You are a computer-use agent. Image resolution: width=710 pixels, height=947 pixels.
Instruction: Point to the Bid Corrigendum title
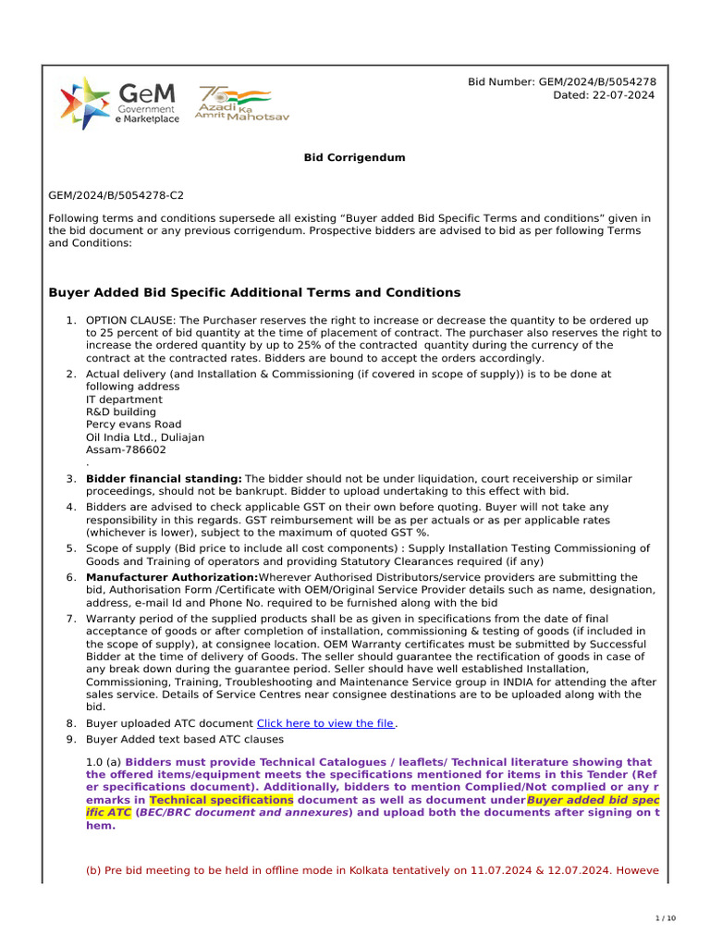click(x=355, y=158)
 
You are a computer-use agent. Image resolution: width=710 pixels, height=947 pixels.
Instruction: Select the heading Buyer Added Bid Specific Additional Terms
click(x=253, y=293)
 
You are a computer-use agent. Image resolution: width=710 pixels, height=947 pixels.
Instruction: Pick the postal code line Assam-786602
click(x=126, y=449)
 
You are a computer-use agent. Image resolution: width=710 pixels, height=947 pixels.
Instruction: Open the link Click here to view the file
click(x=324, y=723)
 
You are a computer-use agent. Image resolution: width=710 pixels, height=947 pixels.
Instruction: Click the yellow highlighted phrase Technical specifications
click(x=221, y=799)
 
